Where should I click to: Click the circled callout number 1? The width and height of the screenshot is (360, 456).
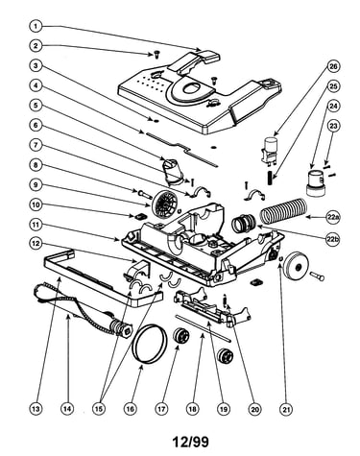click(x=36, y=26)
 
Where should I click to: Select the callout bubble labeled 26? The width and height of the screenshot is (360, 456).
click(x=333, y=66)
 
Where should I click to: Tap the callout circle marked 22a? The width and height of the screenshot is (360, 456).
click(x=333, y=218)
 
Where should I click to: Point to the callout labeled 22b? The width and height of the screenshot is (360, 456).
click(x=333, y=238)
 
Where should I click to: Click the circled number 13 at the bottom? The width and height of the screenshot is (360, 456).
click(x=36, y=409)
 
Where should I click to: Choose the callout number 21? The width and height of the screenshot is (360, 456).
click(x=286, y=409)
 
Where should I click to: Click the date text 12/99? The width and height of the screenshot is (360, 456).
click(x=191, y=442)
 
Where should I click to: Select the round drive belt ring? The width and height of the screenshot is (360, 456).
click(x=150, y=344)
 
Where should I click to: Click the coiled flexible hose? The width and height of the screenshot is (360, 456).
click(x=283, y=211)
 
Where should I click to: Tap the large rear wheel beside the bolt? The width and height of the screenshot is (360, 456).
click(x=297, y=265)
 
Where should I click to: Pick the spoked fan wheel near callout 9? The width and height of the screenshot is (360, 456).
click(x=163, y=204)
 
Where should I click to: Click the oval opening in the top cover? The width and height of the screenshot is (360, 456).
click(x=192, y=88)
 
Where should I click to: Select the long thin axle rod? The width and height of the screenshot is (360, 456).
click(x=203, y=328)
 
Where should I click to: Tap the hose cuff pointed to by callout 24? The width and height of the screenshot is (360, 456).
click(x=316, y=182)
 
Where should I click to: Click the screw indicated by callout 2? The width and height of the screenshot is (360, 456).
click(x=156, y=54)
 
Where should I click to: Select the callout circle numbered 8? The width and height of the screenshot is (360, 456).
click(x=36, y=165)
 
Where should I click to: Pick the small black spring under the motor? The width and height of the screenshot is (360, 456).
click(x=270, y=178)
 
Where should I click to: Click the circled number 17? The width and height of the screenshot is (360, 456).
click(x=161, y=409)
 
